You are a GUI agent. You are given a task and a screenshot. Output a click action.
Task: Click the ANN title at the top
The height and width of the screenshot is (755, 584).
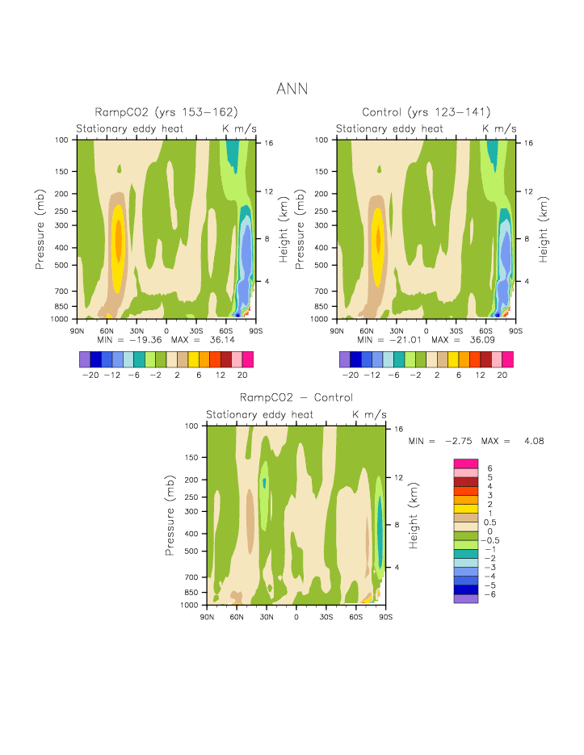tap(292, 88)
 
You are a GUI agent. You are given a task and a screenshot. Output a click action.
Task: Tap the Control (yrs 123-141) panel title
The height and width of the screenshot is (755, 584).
tap(426, 112)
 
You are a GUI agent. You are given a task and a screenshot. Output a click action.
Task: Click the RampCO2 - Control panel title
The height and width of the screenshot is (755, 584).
tap(296, 398)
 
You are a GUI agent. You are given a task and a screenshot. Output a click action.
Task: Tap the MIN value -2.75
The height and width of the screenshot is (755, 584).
tap(460, 442)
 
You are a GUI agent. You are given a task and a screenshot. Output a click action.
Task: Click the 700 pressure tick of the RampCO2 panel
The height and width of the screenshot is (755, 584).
tap(61, 291)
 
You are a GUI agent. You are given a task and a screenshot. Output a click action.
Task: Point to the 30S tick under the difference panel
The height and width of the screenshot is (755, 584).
tap(326, 616)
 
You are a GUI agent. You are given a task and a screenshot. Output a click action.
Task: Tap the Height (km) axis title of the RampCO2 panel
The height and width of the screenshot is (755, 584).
tap(284, 230)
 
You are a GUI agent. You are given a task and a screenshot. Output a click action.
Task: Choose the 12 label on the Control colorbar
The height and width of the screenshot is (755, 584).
tap(480, 375)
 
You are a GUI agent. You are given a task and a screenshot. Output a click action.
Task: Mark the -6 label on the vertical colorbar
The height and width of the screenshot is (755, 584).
tap(489, 594)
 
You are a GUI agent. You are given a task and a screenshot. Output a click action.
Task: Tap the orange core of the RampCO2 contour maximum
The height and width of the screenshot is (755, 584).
tap(118, 238)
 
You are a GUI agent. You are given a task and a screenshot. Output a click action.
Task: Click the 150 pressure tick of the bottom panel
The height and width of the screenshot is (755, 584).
tap(191, 457)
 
